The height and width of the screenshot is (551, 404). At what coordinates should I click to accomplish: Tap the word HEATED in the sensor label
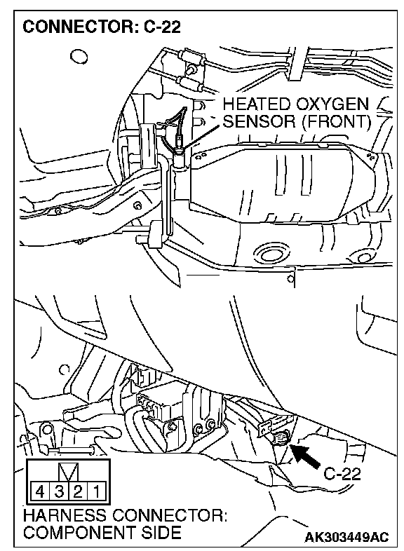coord(256,104)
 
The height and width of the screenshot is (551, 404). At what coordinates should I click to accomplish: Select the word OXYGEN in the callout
coord(332,104)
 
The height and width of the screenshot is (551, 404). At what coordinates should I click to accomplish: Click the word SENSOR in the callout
coord(260,121)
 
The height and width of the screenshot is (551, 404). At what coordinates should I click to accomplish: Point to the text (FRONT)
coord(337,121)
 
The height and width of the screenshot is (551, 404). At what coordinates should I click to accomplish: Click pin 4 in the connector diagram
coord(40,491)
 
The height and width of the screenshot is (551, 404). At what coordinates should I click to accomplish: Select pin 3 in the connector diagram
coord(59,491)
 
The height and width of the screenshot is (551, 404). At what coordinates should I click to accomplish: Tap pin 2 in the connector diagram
coord(77,491)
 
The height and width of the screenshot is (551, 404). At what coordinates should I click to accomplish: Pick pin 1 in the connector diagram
coord(95,491)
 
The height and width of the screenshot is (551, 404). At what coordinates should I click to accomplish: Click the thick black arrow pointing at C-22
coord(305,456)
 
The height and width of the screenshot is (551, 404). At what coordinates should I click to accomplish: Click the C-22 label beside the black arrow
coord(342,475)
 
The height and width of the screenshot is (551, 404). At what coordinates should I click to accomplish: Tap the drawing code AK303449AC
coord(347,537)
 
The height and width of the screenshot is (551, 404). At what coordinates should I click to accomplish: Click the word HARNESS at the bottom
coord(65,516)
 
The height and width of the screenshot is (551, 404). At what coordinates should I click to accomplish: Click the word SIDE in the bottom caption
coord(161,533)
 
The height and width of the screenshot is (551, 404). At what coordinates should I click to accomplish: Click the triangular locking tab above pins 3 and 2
coord(68,472)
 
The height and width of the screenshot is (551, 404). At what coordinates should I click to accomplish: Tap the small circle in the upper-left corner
coord(79,57)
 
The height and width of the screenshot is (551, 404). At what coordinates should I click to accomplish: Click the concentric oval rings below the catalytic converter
coord(273,253)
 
